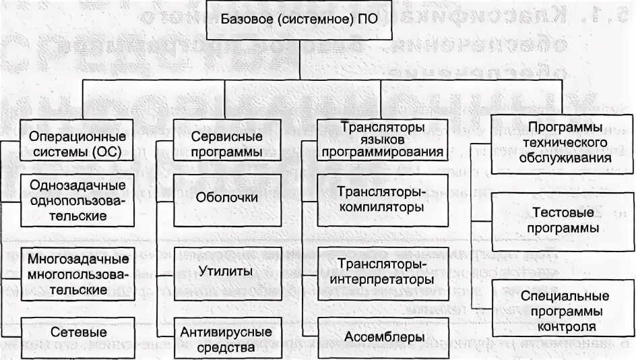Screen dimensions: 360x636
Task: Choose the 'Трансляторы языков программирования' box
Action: (382, 140)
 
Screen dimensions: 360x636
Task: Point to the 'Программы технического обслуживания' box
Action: (564, 143)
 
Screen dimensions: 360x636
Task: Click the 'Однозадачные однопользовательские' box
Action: (77, 201)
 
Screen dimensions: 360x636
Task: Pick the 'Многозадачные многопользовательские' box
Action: (77, 274)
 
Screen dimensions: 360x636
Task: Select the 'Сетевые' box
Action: (77, 333)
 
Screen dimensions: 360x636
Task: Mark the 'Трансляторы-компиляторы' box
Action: (382, 200)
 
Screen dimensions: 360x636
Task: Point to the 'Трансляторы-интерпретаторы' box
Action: (382, 271)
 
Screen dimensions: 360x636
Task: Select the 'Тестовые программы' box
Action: (564, 220)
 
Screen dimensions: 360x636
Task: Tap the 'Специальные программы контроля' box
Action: (564, 311)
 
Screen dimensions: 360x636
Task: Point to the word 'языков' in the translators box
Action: (382, 140)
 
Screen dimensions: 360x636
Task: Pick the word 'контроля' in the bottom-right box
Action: (567, 327)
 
